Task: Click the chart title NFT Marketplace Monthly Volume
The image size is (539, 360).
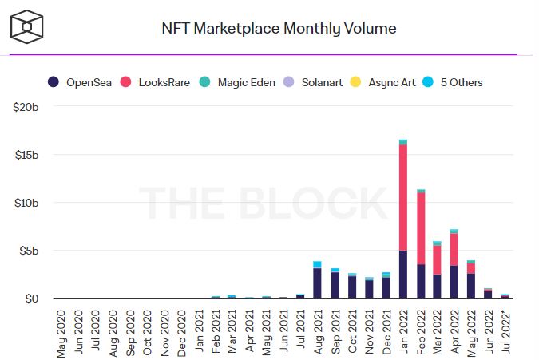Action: [279, 29]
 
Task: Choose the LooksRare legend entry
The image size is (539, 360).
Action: [155, 82]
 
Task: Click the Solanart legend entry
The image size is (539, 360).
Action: [315, 82]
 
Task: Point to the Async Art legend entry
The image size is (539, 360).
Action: [384, 82]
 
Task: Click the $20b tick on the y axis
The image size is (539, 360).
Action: [26, 106]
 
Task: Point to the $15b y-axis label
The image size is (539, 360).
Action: [26, 154]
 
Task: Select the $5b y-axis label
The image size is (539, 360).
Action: [28, 251]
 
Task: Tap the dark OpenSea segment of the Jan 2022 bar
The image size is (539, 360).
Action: [404, 275]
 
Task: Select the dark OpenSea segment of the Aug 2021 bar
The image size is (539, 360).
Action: [317, 283]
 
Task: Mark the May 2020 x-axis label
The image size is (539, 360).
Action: [62, 330]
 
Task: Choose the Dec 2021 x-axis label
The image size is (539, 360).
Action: [386, 330]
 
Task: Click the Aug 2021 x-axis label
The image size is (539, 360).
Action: [318, 330]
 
